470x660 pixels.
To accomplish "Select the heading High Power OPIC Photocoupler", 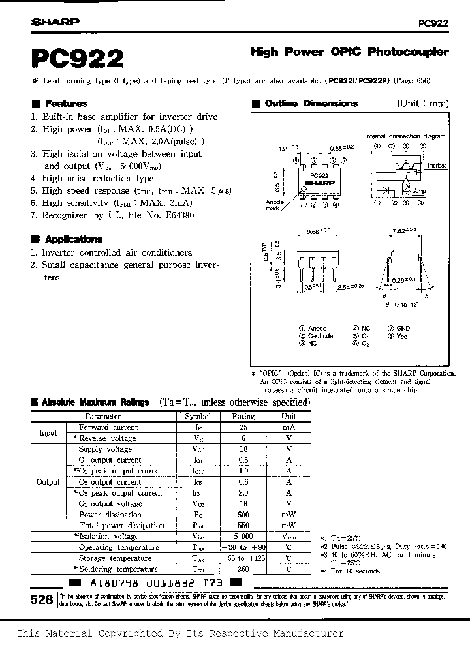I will (x=350, y=51).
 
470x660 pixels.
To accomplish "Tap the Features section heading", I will (x=65, y=104).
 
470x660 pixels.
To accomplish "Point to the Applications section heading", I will (x=72, y=239).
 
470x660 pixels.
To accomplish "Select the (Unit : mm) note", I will (x=422, y=104).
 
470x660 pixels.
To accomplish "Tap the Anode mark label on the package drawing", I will (x=275, y=205).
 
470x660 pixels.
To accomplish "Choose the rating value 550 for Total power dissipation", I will (x=242, y=525).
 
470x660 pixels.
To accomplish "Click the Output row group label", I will (x=48, y=481).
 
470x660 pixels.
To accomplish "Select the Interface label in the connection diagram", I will (x=436, y=166).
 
